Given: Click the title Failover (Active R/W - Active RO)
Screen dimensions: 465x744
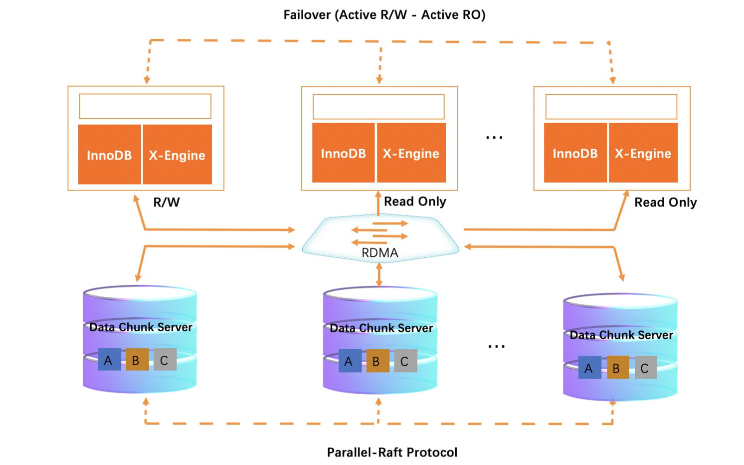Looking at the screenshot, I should pos(384,15).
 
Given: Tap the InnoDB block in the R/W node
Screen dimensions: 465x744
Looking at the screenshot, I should pos(109,155).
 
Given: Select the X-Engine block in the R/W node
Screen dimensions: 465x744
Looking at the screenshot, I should pos(177,155).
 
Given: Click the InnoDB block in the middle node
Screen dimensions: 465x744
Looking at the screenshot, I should pos(343,153).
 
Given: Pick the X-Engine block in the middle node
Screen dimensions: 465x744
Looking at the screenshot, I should pos(411,153).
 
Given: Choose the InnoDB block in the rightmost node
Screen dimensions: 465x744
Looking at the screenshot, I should pos(575,153).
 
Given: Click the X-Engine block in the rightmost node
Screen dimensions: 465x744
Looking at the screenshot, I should pos(643,153).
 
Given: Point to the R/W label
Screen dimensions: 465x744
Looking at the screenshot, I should pos(167,202).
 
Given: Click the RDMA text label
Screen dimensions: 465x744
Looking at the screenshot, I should pos(380,253).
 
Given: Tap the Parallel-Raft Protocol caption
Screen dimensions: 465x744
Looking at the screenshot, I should pos(392,452).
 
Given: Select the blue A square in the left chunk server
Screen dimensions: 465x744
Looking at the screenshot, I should pos(109,359).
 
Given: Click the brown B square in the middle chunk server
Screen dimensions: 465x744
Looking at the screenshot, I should pos(377,361).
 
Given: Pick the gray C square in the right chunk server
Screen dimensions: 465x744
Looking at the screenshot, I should pos(645,368).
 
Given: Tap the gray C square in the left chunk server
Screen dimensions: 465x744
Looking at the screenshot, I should pos(165,359).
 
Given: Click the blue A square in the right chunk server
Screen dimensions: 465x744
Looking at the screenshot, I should pos(589,368).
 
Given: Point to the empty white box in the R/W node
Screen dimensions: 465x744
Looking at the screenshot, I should pos(145,106).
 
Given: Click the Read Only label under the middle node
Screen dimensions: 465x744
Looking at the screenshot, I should pos(415,201).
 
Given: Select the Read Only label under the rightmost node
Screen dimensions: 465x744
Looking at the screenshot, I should pos(665,202).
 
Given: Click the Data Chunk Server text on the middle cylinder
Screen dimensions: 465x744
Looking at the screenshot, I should pos(381,328).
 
